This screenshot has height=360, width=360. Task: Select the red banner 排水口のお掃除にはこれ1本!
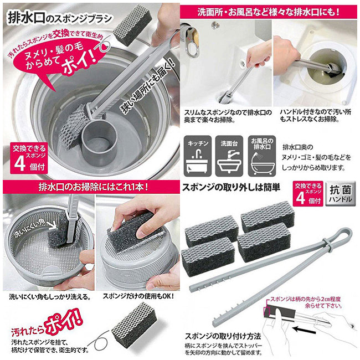90,184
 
